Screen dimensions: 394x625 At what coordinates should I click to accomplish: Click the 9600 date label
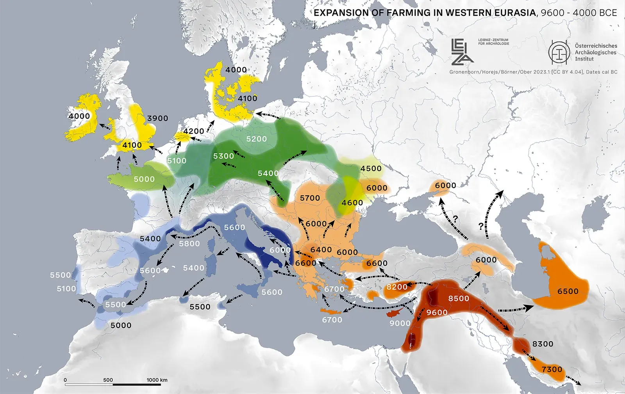point(437,312)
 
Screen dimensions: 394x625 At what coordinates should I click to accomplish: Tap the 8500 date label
point(459,298)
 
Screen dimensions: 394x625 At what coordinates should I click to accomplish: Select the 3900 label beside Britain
point(157,118)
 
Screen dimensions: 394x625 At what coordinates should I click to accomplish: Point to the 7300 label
point(552,369)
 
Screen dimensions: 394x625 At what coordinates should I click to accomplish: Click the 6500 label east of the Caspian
point(568,291)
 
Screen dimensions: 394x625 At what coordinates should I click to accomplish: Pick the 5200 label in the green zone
point(256,139)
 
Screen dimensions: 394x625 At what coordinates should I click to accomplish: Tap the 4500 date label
point(371,168)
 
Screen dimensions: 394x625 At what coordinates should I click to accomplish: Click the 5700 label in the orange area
point(310,198)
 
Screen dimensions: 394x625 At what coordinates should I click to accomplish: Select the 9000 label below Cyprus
point(400,323)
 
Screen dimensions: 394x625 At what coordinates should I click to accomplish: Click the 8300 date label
point(543,344)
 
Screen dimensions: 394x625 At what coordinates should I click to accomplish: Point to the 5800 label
point(189,244)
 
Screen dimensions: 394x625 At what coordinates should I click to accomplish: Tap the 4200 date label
point(194,131)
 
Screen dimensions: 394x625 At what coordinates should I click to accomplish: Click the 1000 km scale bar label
point(157,380)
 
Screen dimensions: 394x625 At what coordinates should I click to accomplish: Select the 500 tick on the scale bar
point(108,380)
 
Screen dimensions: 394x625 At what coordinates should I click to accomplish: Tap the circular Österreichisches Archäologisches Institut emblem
point(559,52)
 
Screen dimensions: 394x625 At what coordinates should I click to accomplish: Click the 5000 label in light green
point(144,179)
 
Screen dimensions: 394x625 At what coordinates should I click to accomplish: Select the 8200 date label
point(396,287)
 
